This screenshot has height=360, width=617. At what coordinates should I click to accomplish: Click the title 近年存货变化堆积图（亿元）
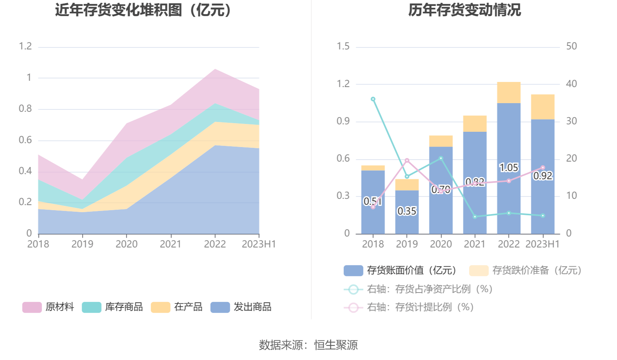(x=143, y=10)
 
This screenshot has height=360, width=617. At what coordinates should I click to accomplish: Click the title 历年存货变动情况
(x=465, y=10)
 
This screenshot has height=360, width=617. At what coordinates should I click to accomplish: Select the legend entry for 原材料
(x=48, y=307)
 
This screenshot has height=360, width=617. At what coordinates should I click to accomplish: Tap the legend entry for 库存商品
(x=113, y=307)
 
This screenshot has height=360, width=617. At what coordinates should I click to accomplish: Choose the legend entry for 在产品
(x=177, y=307)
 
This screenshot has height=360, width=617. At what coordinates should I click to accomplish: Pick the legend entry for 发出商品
(x=241, y=307)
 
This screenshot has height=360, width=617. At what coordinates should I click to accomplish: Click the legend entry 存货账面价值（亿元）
(x=400, y=271)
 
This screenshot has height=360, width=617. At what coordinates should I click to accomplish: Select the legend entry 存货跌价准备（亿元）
(x=525, y=271)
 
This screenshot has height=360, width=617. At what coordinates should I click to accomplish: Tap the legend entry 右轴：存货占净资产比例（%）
(x=418, y=289)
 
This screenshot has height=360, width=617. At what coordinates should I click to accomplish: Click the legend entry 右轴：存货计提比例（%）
(x=409, y=307)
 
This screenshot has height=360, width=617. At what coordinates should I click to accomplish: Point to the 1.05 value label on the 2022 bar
(x=509, y=168)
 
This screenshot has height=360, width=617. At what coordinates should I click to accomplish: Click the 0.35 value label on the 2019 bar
(x=407, y=211)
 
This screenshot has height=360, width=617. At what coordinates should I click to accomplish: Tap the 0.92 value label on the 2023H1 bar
(x=543, y=176)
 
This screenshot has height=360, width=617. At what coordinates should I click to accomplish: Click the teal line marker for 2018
(x=373, y=99)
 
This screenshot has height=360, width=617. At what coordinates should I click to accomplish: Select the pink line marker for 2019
(x=407, y=161)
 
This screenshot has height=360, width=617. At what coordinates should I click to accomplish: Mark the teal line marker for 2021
(x=475, y=217)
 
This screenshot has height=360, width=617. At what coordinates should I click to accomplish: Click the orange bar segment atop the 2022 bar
(x=509, y=93)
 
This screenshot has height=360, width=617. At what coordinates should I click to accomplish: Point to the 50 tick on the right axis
(x=572, y=46)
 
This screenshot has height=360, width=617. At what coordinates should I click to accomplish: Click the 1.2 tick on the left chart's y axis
(x=25, y=46)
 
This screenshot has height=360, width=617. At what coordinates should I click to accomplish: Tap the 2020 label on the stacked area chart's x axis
(x=127, y=244)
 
